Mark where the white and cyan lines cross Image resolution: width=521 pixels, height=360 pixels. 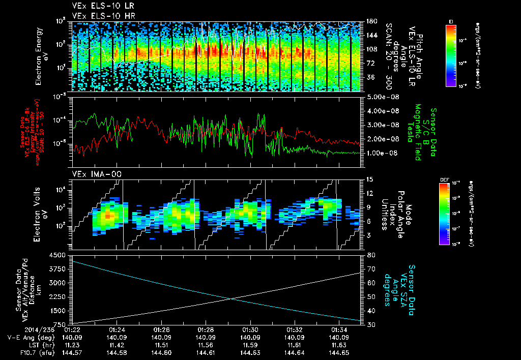[232, 298]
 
